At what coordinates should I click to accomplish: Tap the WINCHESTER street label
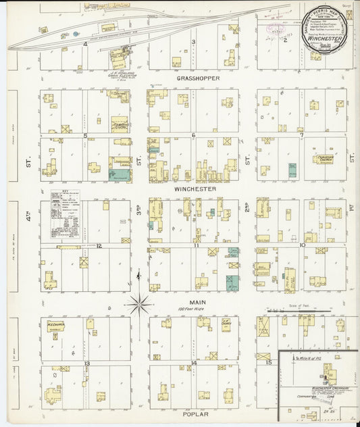195,190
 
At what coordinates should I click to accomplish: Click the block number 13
86,363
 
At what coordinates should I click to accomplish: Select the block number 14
194,363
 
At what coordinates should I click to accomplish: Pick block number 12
99,246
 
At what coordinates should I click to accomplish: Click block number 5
85,135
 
